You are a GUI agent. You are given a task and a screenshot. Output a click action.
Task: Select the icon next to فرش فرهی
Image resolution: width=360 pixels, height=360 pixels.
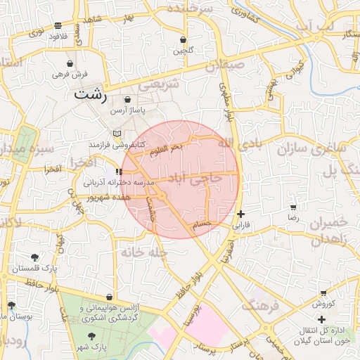pyautogui.click(x=56, y=74)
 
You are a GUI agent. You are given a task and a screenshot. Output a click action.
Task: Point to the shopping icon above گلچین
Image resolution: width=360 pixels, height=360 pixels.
pyautogui.click(x=184, y=40)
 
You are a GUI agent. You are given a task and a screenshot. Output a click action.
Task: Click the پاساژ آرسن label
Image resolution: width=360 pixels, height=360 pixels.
pyautogui.click(x=127, y=111)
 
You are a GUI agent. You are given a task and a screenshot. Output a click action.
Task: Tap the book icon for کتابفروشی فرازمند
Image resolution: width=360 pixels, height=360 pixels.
pyautogui.click(x=117, y=134)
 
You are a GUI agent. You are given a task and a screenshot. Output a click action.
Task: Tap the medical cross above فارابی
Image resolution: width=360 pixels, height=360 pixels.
pyautogui.click(x=240, y=214)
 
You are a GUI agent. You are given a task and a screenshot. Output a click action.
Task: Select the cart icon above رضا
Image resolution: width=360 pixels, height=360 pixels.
pyautogui.click(x=293, y=208)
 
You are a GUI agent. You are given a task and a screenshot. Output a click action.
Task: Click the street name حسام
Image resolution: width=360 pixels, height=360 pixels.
pyautogui.click(x=202, y=223)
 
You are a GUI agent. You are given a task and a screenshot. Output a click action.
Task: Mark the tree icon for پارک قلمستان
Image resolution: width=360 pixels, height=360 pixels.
pyautogui.click(x=35, y=258)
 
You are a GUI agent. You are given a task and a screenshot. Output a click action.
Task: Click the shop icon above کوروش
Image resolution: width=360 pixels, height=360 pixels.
pyautogui.click(x=323, y=293)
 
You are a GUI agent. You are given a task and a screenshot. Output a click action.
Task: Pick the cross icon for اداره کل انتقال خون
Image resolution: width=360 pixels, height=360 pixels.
pyautogui.click(x=321, y=320)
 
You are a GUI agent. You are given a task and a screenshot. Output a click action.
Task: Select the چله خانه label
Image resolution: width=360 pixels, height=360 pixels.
pyautogui.click(x=143, y=251)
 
